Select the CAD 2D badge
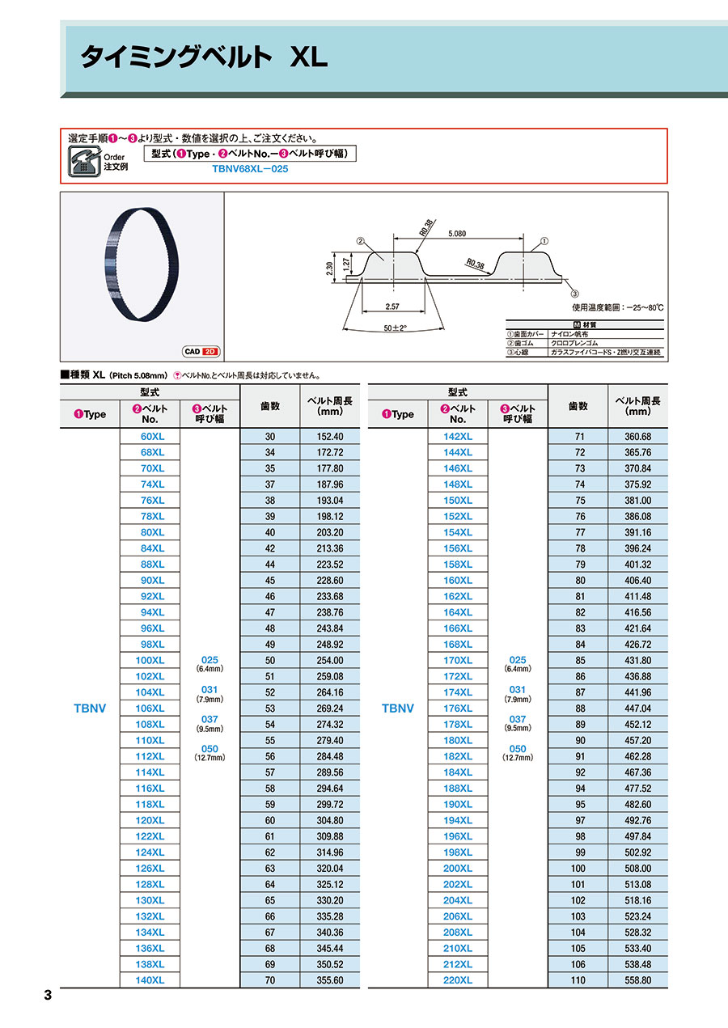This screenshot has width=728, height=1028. click(201, 352)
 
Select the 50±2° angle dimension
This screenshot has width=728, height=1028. click(394, 328)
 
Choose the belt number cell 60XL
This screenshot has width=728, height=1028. click(150, 436)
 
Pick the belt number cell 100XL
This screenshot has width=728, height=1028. click(150, 660)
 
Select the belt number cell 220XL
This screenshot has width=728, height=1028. click(458, 980)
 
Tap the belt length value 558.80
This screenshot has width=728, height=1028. click(637, 980)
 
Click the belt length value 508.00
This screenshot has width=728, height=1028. click(637, 868)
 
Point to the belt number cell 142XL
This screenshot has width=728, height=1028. click(458, 436)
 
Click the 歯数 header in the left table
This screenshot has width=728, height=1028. click(270, 406)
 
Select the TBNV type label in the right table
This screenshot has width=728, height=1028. click(397, 709)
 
